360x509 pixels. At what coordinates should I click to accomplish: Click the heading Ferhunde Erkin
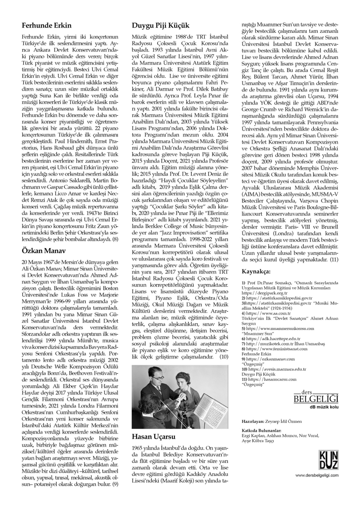point(46,25)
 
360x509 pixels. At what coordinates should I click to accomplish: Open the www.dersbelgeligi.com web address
point(317,475)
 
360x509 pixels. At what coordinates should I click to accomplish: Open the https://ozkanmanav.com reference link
point(270,359)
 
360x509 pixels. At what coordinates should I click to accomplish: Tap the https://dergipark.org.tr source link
point(265,293)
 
